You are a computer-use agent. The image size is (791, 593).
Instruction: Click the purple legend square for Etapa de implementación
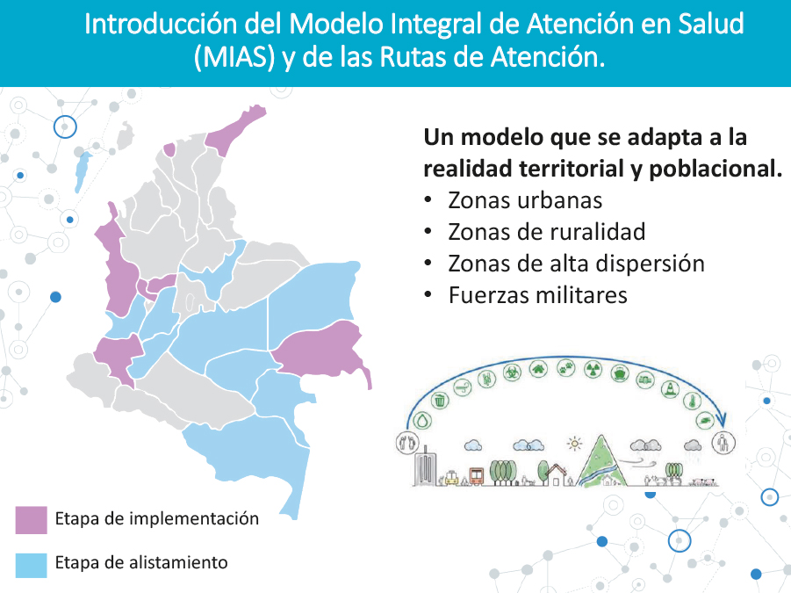point(31,520)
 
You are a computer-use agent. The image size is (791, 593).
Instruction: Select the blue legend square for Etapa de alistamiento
point(31,565)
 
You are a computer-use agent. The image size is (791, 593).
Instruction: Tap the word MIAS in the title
point(234,57)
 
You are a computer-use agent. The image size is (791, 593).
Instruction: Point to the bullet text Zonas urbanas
point(525,200)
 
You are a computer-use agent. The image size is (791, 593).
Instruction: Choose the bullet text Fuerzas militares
point(538,295)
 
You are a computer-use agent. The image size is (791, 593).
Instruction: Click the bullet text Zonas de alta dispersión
point(576,264)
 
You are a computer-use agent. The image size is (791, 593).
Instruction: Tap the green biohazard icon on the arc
point(512,373)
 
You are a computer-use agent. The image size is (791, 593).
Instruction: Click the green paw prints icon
point(566,367)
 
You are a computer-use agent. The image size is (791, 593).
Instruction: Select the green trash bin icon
point(441,401)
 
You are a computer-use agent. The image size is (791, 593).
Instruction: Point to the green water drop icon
point(422,420)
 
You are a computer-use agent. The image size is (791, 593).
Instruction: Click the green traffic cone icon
point(671,388)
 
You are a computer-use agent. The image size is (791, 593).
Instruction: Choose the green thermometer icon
point(692,401)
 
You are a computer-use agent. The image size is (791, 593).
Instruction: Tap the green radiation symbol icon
point(593,369)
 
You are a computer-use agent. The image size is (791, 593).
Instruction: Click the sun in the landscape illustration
point(574,444)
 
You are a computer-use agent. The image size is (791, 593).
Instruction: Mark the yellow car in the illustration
point(450,478)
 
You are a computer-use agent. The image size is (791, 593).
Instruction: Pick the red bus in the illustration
point(476,475)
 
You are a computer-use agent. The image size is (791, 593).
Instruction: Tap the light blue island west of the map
point(83,171)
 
